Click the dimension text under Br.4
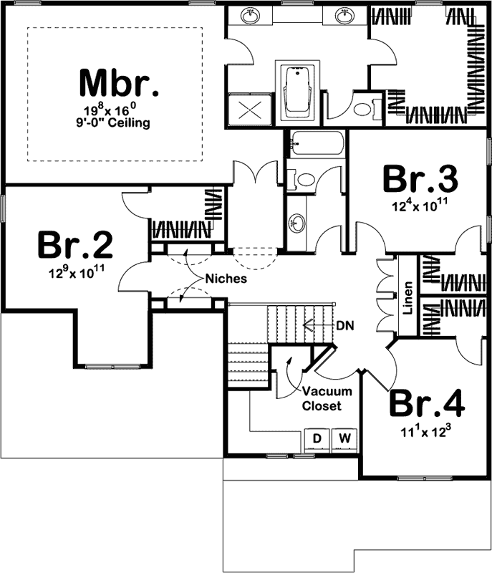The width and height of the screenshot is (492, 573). pos(427,431)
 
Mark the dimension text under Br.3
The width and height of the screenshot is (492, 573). pos(420,207)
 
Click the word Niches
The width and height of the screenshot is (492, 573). pos(226,278)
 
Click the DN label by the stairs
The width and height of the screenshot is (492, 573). pos(344,324)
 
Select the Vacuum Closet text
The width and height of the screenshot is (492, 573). pos(326,398)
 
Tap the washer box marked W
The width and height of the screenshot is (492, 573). pos(344,437)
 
